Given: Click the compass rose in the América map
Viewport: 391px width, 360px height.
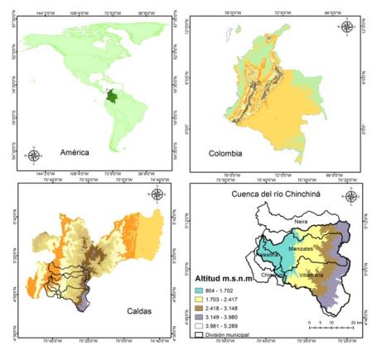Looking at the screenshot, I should click(x=34, y=155).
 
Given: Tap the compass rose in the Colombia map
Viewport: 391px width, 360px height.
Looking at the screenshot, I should click(x=346, y=26).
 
